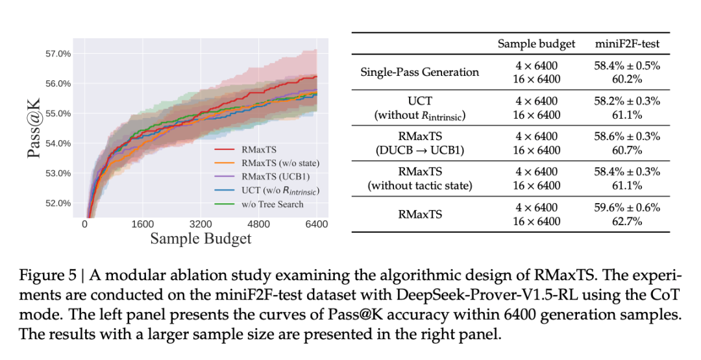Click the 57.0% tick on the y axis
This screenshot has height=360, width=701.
click(x=57, y=54)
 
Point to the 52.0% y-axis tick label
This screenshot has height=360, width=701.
click(x=57, y=203)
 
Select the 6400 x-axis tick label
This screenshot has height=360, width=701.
click(x=315, y=224)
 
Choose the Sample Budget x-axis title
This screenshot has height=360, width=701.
click(x=201, y=239)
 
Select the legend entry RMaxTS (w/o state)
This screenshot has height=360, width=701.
click(x=277, y=163)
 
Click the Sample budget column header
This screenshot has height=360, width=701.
click(x=536, y=43)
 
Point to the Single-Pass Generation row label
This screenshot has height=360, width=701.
click(x=419, y=71)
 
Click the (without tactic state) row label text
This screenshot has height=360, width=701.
click(x=419, y=186)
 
